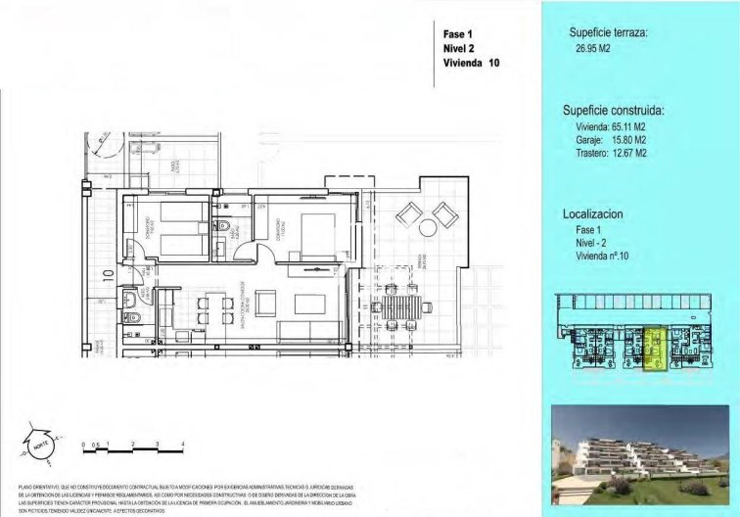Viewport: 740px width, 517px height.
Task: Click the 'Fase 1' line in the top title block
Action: coord(458,34)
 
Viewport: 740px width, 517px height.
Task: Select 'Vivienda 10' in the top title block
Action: coord(472,63)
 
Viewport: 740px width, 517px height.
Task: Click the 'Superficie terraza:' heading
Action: coord(608,33)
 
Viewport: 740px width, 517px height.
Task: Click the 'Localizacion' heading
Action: coord(593,212)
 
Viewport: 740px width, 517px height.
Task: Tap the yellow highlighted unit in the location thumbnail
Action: coord(653,349)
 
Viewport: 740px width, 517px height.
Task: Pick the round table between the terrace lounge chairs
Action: coord(429,227)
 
